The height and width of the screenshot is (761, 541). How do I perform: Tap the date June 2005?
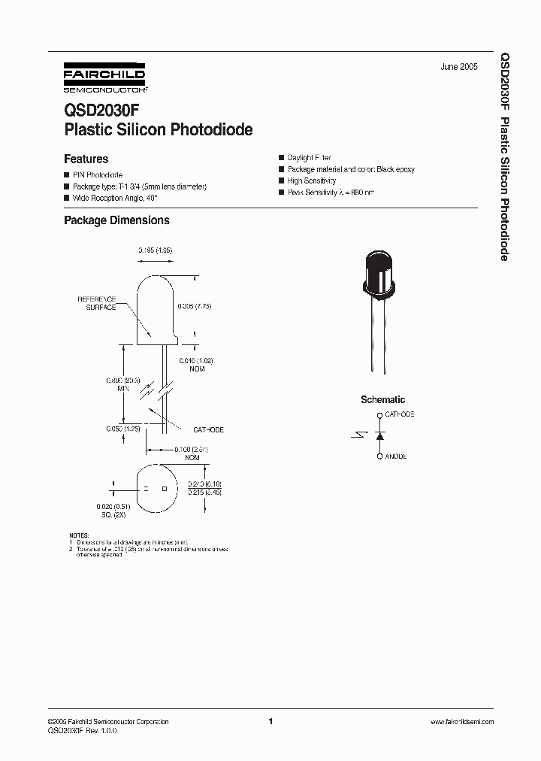(x=458, y=67)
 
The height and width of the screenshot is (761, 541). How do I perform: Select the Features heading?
(x=86, y=159)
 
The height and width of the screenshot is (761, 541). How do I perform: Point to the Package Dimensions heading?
(x=116, y=220)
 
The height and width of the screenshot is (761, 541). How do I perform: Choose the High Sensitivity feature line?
(x=311, y=181)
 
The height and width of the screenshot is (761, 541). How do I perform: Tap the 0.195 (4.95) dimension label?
(x=156, y=250)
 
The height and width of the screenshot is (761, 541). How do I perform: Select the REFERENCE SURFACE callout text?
(x=97, y=303)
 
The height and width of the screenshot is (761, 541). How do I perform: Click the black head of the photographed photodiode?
(x=378, y=271)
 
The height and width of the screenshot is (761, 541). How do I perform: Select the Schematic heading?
(x=382, y=400)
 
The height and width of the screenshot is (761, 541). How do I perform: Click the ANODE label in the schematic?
(x=395, y=456)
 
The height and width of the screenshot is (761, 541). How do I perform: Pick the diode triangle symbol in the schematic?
(x=379, y=435)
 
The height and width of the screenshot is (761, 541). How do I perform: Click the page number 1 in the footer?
(x=270, y=721)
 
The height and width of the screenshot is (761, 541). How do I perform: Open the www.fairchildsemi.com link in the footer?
(x=461, y=721)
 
